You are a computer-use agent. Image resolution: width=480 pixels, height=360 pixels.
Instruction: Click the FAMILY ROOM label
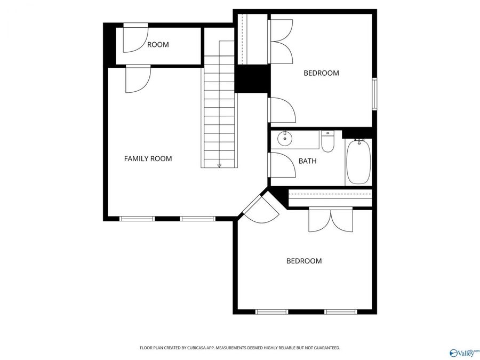click(x=148, y=158)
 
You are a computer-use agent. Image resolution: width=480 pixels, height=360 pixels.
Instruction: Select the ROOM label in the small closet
click(x=158, y=45)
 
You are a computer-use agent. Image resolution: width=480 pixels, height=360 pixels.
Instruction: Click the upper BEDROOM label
click(x=321, y=73)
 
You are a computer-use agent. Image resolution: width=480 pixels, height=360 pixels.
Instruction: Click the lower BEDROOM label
click(x=304, y=261)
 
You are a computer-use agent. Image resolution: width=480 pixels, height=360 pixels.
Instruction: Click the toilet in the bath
click(x=327, y=141)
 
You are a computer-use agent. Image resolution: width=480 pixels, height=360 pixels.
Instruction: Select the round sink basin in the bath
click(x=285, y=139)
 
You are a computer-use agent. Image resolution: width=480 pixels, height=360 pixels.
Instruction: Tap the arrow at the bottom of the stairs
click(x=219, y=165)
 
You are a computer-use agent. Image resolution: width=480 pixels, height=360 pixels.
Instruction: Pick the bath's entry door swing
click(x=283, y=165)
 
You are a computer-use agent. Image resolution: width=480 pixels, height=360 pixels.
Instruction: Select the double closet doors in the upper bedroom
click(x=281, y=41)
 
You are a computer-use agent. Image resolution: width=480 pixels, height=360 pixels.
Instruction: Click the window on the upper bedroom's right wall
click(x=374, y=94)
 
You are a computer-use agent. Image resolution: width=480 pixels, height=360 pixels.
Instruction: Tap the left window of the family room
click(x=137, y=218)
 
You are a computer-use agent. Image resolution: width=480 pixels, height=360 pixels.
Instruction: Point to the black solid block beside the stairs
click(x=252, y=79)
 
